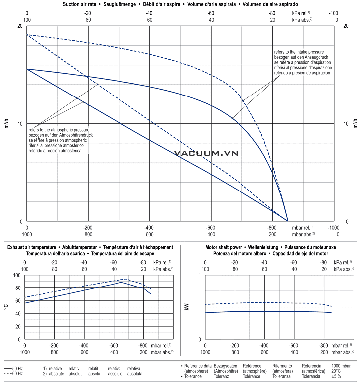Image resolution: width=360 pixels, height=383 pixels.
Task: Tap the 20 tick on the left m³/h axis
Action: point(20,26)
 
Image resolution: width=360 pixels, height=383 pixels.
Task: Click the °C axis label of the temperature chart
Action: point(6,307)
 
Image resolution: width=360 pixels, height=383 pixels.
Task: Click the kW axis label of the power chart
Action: point(187,307)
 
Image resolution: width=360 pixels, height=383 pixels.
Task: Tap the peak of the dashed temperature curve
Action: point(126,279)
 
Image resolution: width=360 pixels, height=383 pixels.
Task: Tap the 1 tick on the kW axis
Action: point(200,275)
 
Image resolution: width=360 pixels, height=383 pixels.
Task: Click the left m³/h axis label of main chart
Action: point(6,123)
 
